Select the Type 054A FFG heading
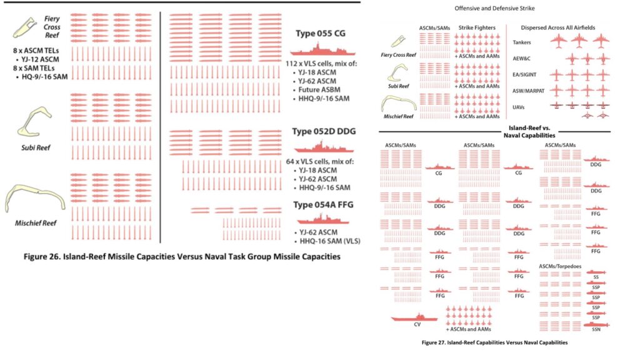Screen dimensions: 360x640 coord(322,205)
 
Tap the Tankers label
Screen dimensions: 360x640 coord(522,42)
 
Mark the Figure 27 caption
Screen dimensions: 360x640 coord(494,342)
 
